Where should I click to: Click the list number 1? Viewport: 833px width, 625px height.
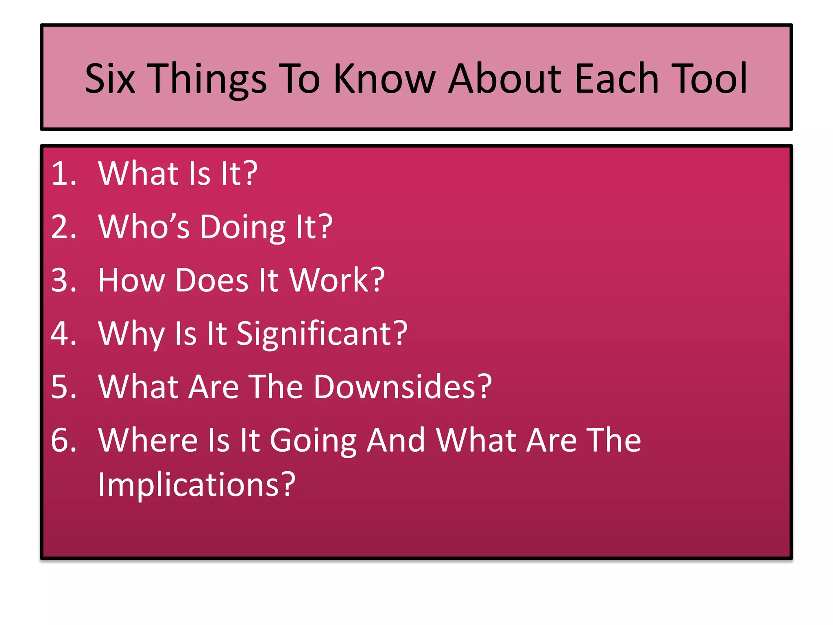pyautogui.click(x=63, y=174)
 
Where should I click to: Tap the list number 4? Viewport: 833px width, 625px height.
pyautogui.click(x=63, y=334)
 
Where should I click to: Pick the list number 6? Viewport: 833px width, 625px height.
pyautogui.click(x=63, y=440)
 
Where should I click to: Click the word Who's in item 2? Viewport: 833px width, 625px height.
pyautogui.click(x=144, y=227)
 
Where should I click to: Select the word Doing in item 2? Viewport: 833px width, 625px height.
pyautogui.click(x=243, y=227)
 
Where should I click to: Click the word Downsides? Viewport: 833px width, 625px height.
pyautogui.click(x=403, y=387)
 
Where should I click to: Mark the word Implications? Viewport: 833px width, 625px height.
pyautogui.click(x=196, y=485)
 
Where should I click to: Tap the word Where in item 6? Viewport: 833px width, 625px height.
pyautogui.click(x=148, y=440)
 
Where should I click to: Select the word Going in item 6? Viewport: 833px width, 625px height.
pyautogui.click(x=313, y=441)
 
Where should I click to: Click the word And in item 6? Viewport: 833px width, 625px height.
pyautogui.click(x=396, y=440)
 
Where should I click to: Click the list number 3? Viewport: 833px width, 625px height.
pyautogui.click(x=63, y=280)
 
